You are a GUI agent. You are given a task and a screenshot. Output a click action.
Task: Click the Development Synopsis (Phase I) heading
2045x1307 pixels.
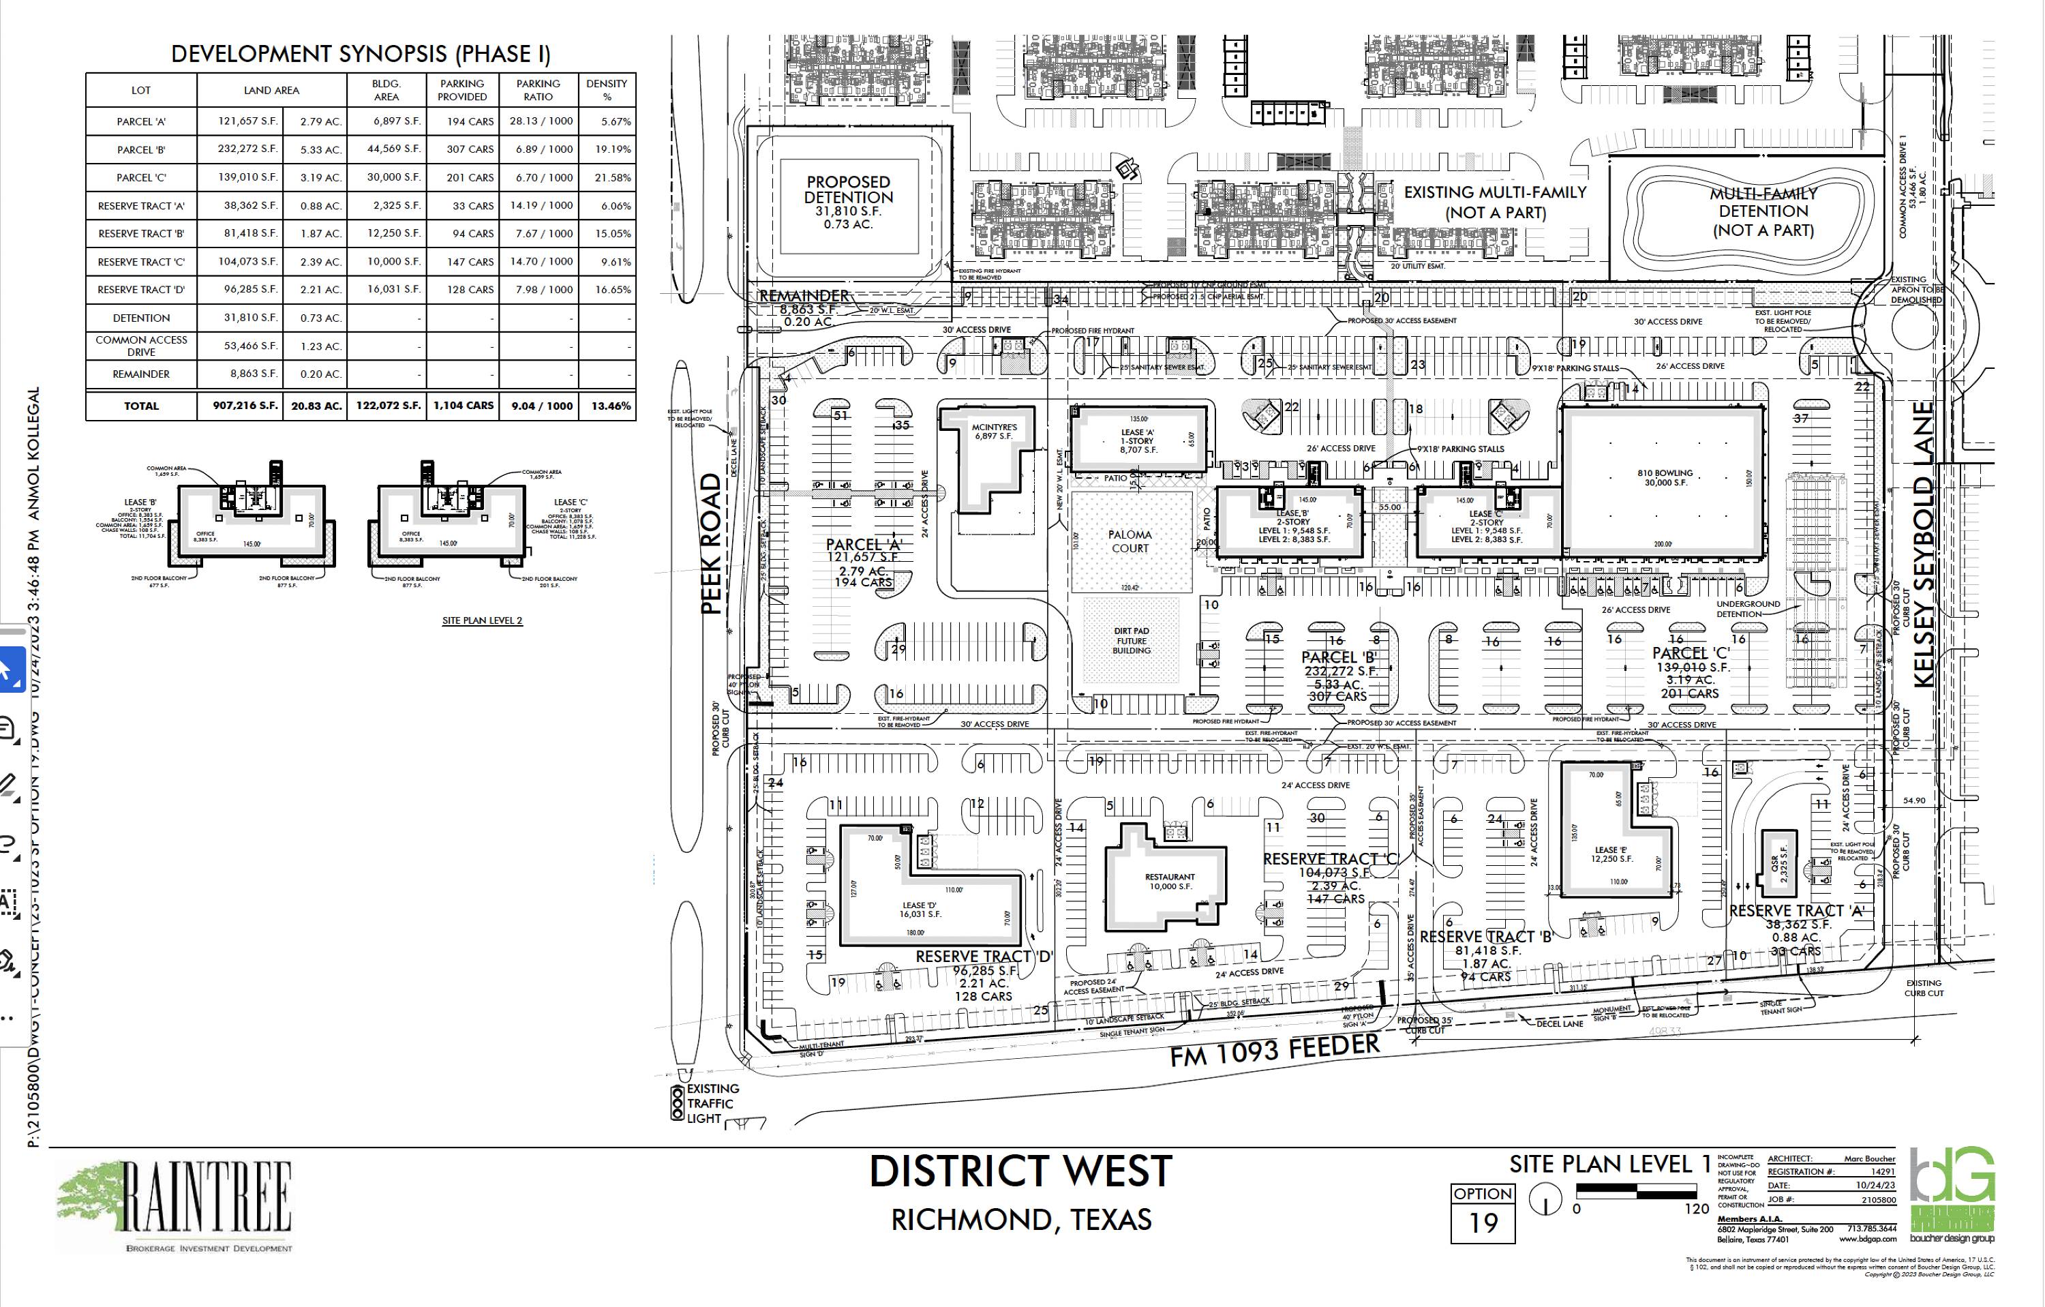360,55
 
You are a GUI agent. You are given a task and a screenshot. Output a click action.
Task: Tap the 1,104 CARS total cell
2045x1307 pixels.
463,406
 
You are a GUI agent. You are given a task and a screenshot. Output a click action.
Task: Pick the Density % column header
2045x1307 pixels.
607,90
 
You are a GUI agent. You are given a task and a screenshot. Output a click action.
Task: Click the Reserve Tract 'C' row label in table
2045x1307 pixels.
141,262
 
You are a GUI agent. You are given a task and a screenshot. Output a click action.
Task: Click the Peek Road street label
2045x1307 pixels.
712,543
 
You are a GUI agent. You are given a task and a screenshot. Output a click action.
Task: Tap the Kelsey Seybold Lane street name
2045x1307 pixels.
1923,543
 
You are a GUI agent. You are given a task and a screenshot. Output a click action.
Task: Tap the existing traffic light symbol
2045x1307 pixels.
677,1102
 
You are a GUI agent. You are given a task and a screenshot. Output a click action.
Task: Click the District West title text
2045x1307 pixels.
1020,1172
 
